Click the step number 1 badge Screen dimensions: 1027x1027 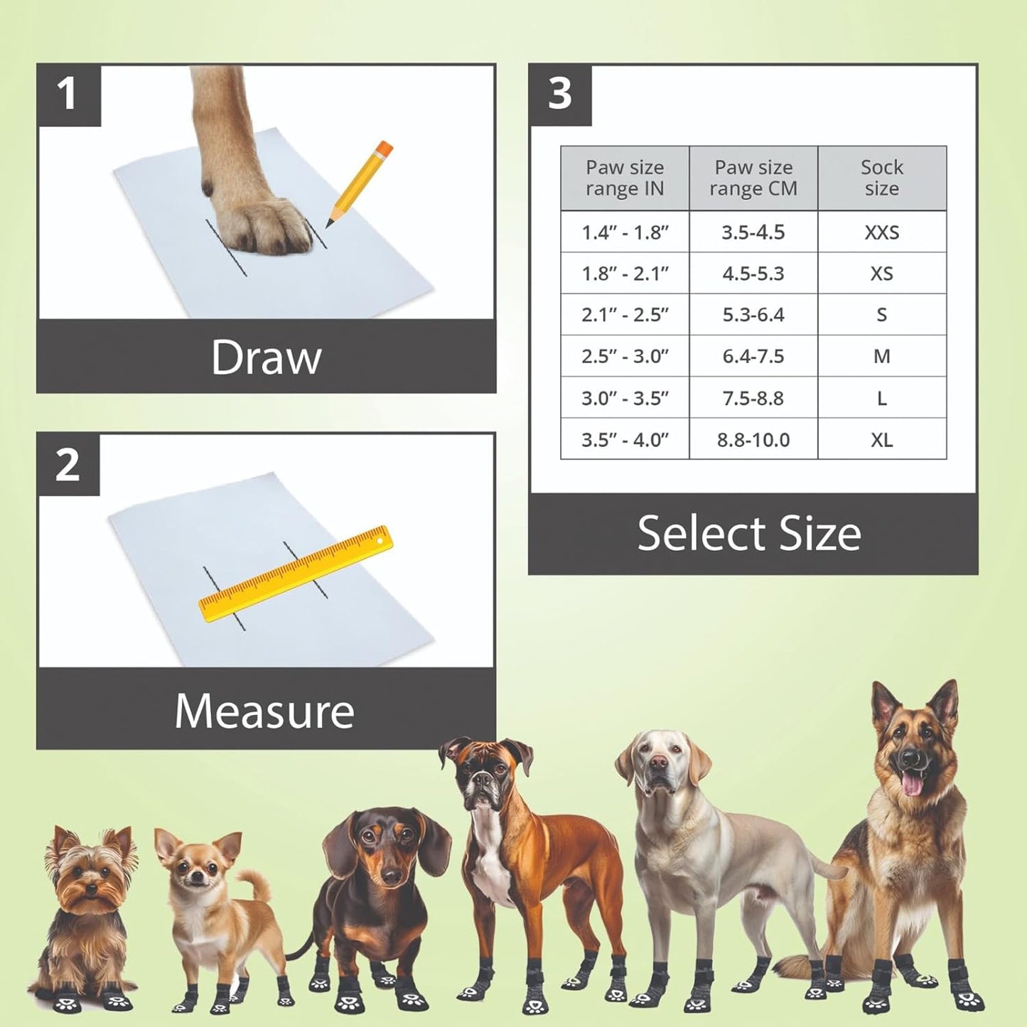(68, 95)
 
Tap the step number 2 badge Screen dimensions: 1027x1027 (68, 465)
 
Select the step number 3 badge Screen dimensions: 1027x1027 (560, 94)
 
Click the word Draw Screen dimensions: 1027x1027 (266, 357)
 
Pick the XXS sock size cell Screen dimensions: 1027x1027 (881, 232)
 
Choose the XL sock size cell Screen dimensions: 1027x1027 (881, 440)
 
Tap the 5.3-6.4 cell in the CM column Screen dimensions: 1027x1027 (753, 315)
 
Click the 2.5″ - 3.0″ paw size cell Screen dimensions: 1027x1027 (625, 356)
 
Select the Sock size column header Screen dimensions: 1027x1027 (881, 178)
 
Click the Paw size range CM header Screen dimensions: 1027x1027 (753, 178)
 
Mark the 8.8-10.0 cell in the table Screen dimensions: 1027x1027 (753, 440)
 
